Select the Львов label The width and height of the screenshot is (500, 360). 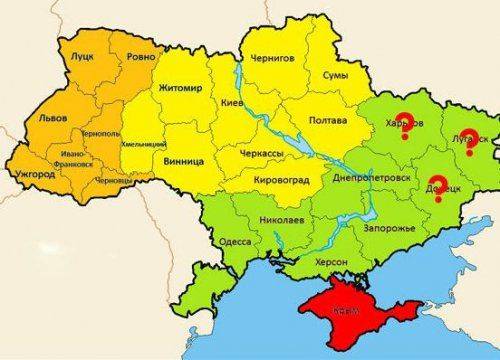coord(51,117)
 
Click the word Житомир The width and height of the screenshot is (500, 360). coord(180,89)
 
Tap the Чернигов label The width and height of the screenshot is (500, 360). coord(272,59)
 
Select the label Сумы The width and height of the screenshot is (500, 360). coord(335,75)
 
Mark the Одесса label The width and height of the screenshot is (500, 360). coord(236,241)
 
